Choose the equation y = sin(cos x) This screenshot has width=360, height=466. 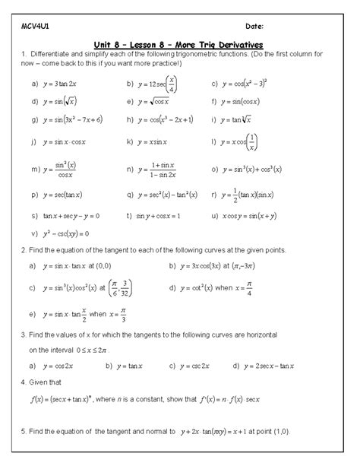pos(249,100)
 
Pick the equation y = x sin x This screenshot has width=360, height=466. pos(157,141)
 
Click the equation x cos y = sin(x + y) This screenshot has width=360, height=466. pos(254,215)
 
